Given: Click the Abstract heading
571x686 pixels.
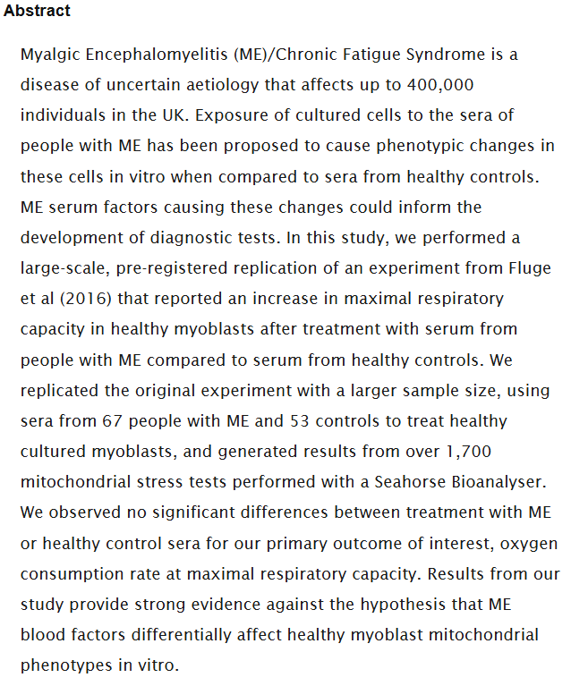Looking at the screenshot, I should (37, 12).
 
